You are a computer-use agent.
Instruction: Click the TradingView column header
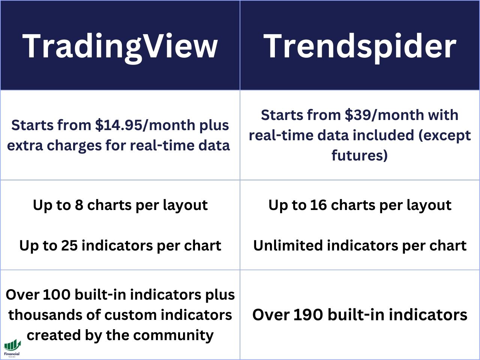[120, 47]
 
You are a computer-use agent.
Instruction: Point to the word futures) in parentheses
[360, 155]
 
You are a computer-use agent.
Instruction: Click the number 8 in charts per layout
[79, 205]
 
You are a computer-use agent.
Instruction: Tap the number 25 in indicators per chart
[69, 246]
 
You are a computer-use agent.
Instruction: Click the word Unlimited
[288, 246]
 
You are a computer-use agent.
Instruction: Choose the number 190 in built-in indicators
[308, 315]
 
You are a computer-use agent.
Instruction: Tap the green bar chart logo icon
[13, 345]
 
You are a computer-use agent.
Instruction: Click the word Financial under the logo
[12, 354]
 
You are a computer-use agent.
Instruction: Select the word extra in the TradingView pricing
[25, 146]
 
